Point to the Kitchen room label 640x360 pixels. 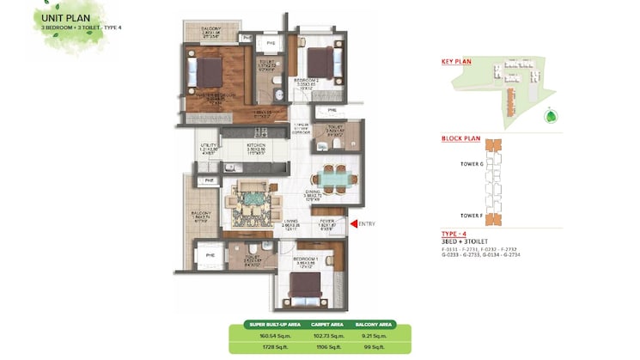[256, 147]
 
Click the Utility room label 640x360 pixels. [206, 147]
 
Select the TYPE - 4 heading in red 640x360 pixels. [455, 233]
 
